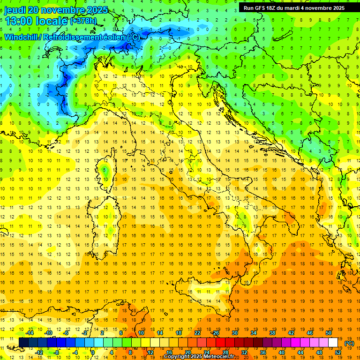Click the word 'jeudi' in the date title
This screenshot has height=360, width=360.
(x=15, y=10)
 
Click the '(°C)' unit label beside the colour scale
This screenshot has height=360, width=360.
(x=349, y=343)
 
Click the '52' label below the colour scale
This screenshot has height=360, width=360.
(x=338, y=352)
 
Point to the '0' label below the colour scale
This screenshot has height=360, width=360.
(x=93, y=352)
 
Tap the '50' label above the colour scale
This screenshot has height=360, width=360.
(x=329, y=333)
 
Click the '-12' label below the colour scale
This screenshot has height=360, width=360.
(x=39, y=352)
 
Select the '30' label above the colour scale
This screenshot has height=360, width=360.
(x=234, y=333)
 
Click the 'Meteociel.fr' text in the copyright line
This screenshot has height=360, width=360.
(x=219, y=357)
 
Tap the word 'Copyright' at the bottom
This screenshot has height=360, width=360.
(x=177, y=357)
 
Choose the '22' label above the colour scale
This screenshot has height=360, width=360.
(x=197, y=333)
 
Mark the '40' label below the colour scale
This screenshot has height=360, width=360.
(x=282, y=352)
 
